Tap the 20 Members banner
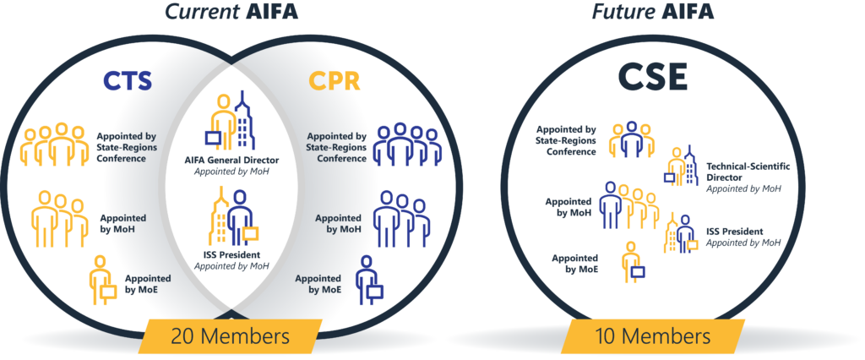pos(229,335)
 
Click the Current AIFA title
pos(230,14)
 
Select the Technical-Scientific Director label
pos(747,172)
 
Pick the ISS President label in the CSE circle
pos(734,231)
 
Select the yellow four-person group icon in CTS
pos(55,145)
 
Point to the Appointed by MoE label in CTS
pos(148,283)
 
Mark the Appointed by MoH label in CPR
pos(338,224)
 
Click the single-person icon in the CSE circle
pos(630,261)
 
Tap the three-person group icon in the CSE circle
pos(628,139)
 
